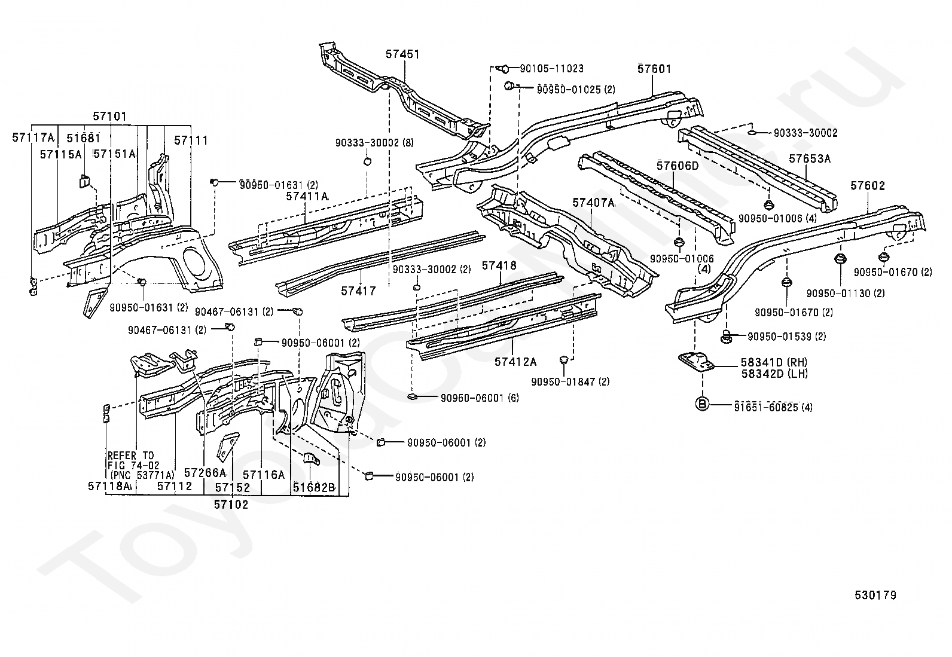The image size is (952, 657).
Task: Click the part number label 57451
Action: click(x=402, y=54)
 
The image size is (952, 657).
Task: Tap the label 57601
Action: click(x=654, y=68)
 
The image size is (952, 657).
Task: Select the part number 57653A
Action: click(x=810, y=159)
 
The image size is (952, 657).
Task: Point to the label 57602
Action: click(x=868, y=186)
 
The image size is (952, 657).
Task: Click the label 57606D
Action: click(x=678, y=166)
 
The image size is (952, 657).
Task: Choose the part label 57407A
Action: click(x=593, y=203)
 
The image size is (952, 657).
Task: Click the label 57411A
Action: click(x=307, y=196)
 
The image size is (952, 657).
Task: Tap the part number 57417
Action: click(x=358, y=291)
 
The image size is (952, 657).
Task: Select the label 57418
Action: click(x=499, y=265)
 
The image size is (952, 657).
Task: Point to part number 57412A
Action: click(x=515, y=362)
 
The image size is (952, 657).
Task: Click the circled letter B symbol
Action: click(x=702, y=404)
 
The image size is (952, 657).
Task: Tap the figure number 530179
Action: click(x=875, y=595)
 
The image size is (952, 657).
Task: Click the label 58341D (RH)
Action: click(x=774, y=362)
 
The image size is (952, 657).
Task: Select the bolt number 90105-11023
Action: click(x=552, y=68)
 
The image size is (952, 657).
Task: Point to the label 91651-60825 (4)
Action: click(x=773, y=407)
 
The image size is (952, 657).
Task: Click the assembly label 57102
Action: click(x=231, y=505)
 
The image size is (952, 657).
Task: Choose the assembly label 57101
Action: click(x=109, y=117)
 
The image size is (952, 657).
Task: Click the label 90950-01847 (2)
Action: click(x=570, y=381)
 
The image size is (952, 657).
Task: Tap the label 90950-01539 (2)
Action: click(x=787, y=337)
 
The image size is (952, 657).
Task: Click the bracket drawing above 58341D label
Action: click(x=695, y=362)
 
